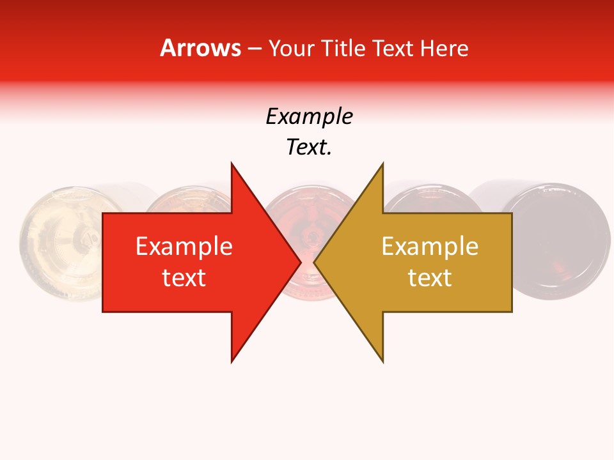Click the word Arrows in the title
pos(201,48)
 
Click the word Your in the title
pos(292,48)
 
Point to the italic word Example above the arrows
pos(309,117)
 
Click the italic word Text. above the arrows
pos(309,148)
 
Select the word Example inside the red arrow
pos(184,247)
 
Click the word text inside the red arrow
pos(184,278)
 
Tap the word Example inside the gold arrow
pos(430,247)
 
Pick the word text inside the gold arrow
pos(430,278)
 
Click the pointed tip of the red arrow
pos(299,263)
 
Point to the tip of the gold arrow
pos(316,263)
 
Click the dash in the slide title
pos(254,49)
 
